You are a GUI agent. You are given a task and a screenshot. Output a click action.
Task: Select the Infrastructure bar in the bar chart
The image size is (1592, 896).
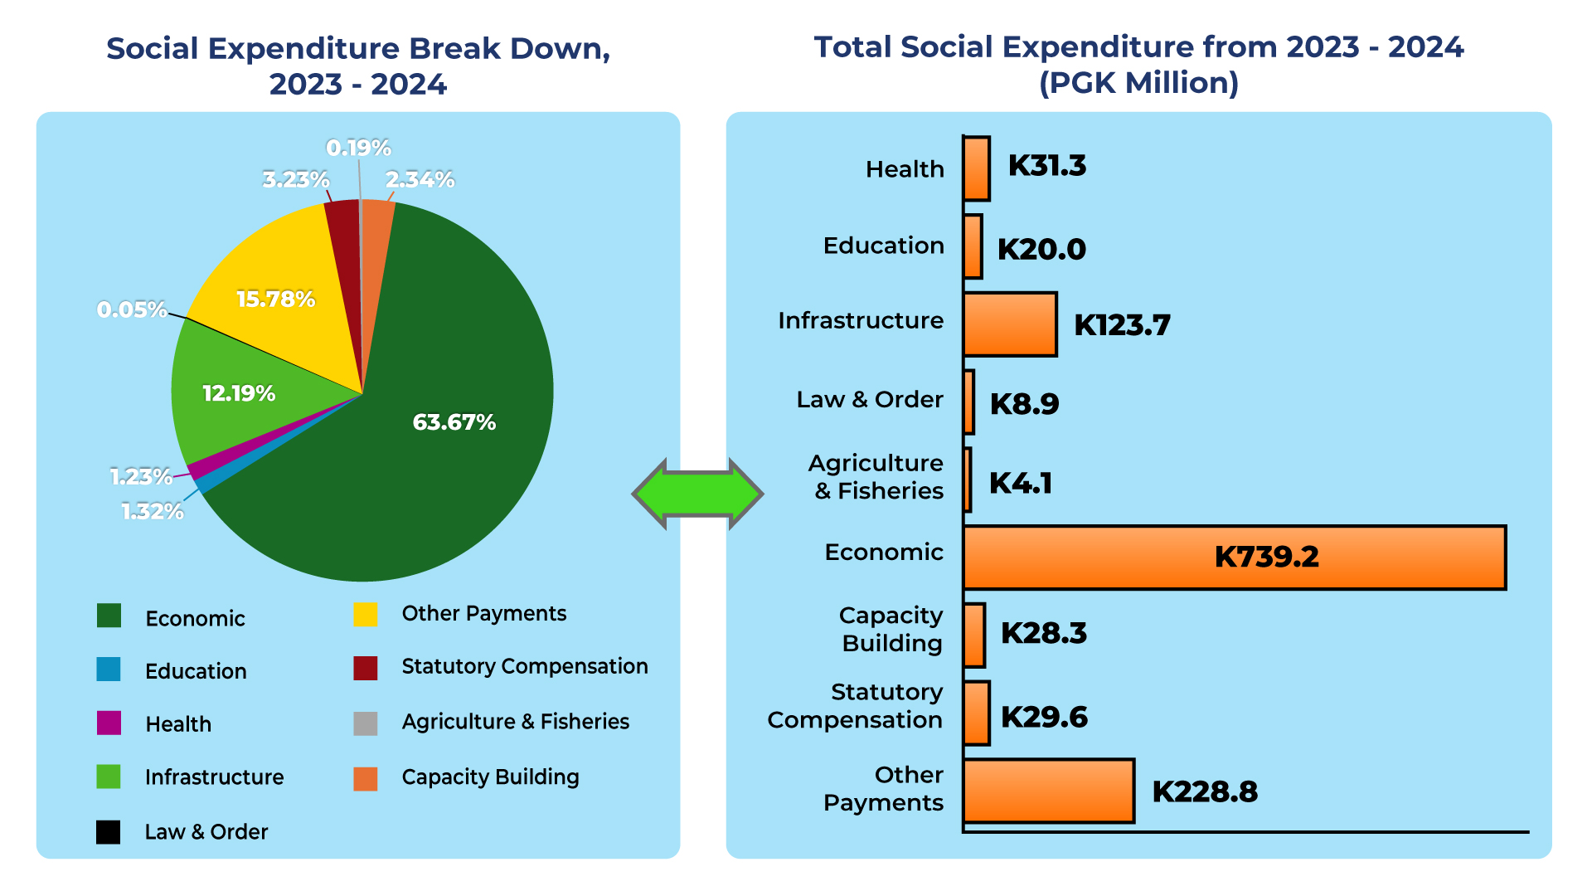point(1010,324)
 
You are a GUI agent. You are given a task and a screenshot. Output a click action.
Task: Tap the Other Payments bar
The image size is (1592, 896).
point(1048,791)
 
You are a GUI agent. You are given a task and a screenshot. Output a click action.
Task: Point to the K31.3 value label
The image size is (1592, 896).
point(1046,166)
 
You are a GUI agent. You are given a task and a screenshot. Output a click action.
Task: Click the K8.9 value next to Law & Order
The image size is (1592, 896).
point(1024,404)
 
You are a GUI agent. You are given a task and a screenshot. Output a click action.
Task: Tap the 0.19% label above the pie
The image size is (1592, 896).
point(358,149)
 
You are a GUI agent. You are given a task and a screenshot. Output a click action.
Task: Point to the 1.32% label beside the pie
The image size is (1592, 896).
point(153,512)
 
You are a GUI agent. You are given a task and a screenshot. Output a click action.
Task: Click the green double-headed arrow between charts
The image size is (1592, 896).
point(697,494)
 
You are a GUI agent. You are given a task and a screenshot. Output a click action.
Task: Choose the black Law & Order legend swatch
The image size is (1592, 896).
point(109,832)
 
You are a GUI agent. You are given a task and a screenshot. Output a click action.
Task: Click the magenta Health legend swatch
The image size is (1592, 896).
point(109,723)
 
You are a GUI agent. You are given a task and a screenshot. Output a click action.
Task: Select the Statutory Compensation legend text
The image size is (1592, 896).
point(524,666)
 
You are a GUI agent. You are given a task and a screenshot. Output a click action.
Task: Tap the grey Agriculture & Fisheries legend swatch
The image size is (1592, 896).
point(365,723)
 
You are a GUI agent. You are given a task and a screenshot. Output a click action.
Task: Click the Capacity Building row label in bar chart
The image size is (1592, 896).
point(891,630)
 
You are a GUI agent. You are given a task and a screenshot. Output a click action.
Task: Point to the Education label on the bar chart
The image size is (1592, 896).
point(883,246)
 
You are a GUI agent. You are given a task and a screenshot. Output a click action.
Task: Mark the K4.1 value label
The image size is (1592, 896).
point(1020,483)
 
